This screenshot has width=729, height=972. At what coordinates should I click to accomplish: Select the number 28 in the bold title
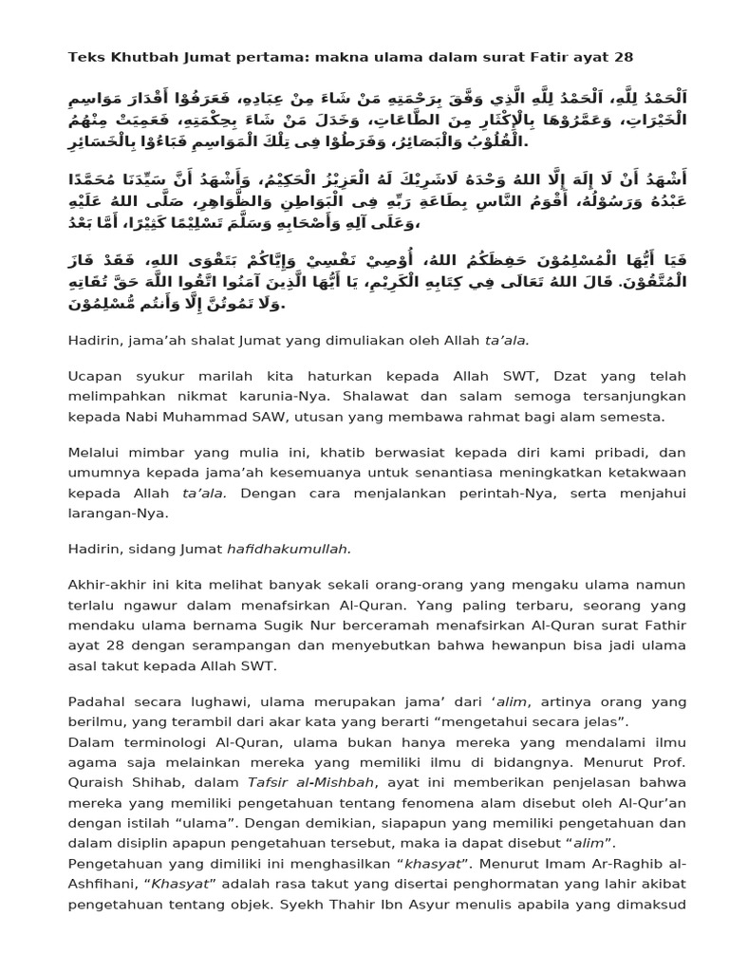624,57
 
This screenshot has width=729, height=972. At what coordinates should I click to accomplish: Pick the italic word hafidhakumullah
289,548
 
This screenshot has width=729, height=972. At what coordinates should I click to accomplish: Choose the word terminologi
158,741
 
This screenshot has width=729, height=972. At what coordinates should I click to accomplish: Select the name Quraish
98,781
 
